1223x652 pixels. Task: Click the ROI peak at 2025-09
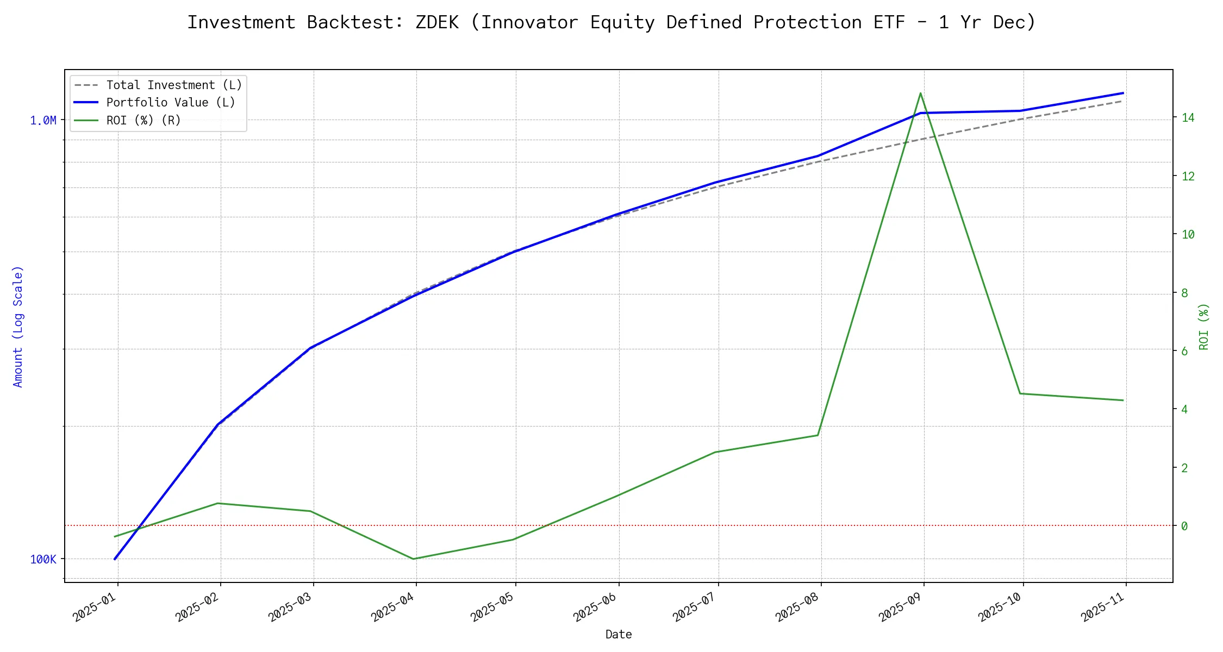click(920, 93)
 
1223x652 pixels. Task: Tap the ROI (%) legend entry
click(143, 120)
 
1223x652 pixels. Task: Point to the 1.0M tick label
click(43, 121)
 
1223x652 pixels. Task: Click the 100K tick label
click(43, 560)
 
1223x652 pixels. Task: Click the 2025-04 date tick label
click(392, 607)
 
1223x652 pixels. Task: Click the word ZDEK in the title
click(437, 23)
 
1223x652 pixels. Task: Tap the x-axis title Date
click(619, 635)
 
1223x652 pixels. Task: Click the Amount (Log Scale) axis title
click(18, 326)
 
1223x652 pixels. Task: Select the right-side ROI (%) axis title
click(1205, 326)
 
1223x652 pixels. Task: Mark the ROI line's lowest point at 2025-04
click(414, 559)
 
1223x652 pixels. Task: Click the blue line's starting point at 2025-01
click(115, 559)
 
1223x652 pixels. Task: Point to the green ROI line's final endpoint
click(1123, 400)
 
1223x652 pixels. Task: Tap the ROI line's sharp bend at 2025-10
click(1020, 393)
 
